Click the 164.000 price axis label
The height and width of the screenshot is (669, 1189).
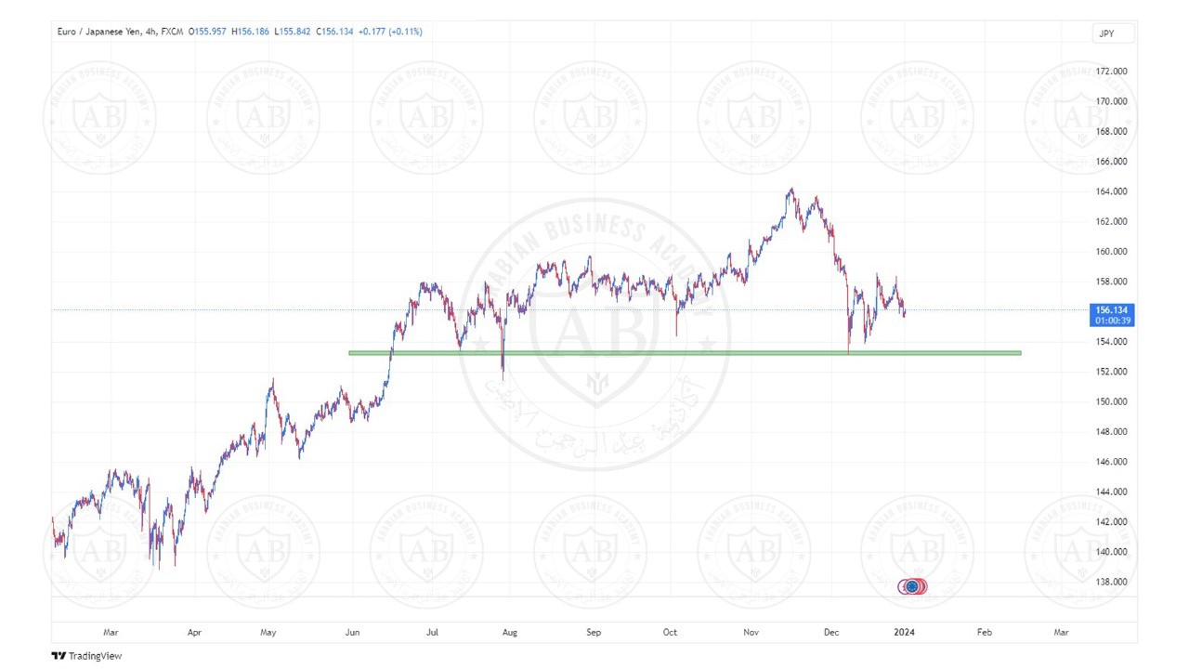(1112, 191)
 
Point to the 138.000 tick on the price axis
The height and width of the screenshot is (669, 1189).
(1112, 583)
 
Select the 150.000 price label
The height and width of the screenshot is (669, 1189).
(1112, 402)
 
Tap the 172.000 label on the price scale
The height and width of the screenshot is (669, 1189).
(1112, 72)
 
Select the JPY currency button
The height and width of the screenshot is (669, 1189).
(1113, 33)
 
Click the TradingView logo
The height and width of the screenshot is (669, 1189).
(86, 656)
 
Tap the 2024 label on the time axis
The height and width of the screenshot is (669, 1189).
(904, 633)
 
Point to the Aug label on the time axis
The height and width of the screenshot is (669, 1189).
(509, 633)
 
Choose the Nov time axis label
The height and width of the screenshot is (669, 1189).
(751, 633)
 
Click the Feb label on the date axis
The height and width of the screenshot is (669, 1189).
(984, 633)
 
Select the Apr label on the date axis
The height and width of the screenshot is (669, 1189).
(194, 633)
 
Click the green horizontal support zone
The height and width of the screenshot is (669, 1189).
(685, 353)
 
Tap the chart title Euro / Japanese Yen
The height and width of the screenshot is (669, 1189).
(99, 32)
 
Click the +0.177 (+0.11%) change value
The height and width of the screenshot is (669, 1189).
(390, 32)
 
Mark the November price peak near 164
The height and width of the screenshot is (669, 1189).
(790, 190)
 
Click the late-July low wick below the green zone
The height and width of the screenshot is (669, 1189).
(503, 374)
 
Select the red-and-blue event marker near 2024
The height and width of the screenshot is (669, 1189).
(912, 586)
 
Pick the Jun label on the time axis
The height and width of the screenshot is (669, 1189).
(353, 633)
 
